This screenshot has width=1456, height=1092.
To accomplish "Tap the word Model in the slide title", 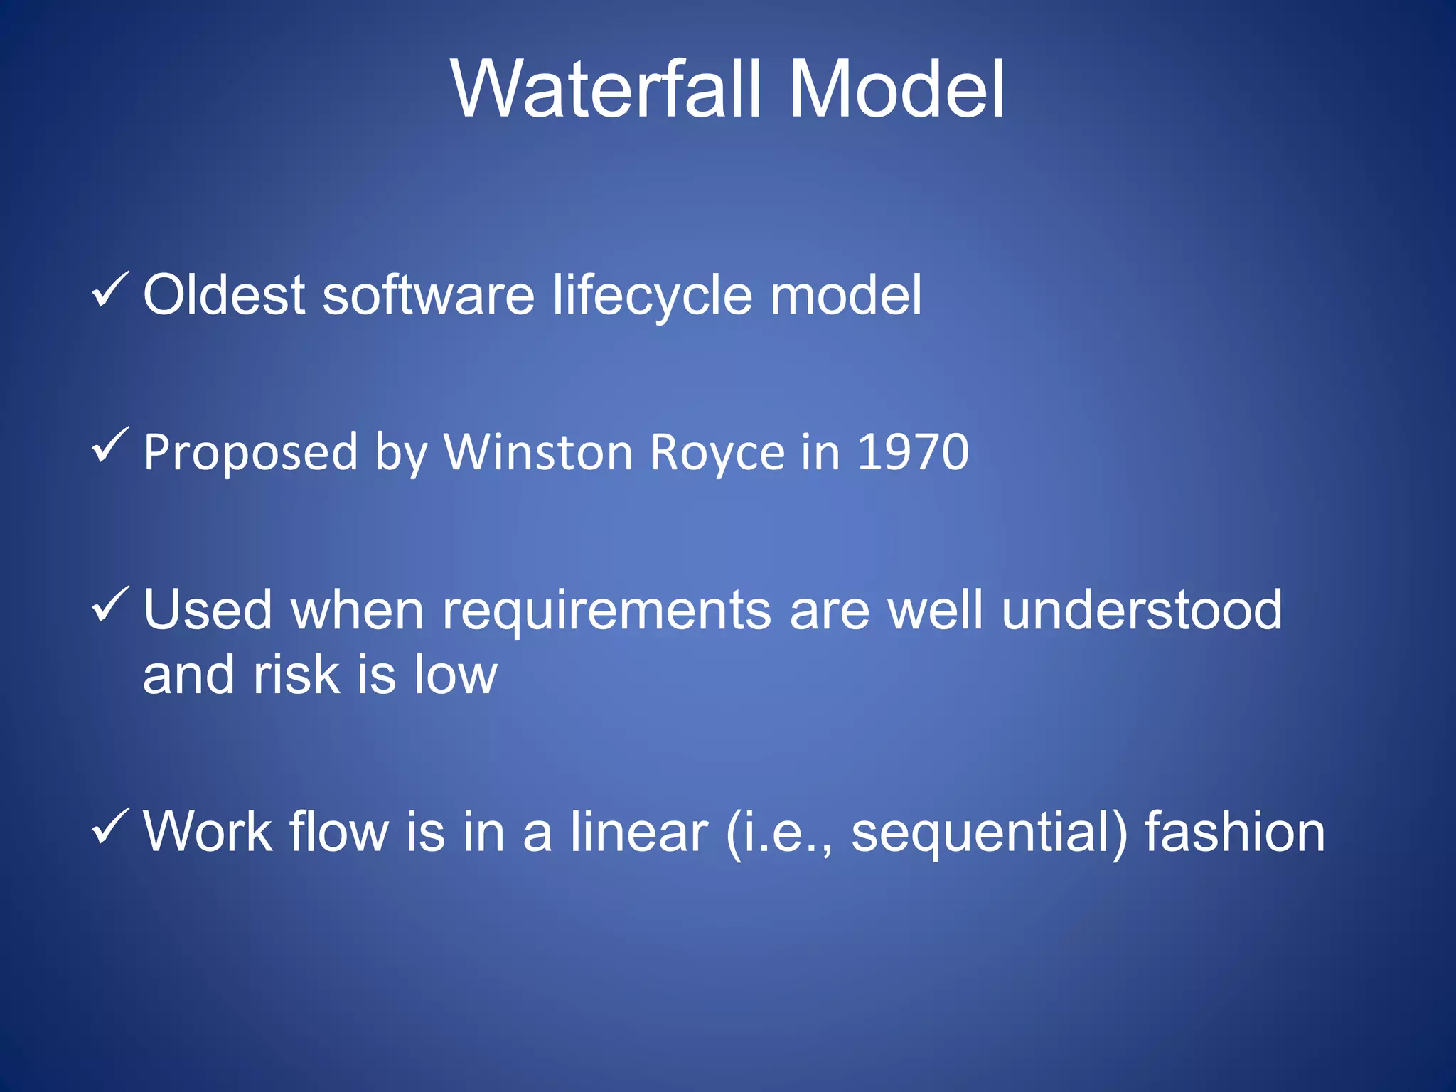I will [896, 90].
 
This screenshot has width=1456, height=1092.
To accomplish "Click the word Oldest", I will [224, 294].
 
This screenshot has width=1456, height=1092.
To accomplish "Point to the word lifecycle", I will [652, 296].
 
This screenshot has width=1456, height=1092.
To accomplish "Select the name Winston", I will [538, 452].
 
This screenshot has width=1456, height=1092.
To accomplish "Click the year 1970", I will [913, 452].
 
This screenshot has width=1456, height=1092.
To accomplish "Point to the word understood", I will [1142, 610].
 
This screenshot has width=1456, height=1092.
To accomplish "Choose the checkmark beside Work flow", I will [110, 826].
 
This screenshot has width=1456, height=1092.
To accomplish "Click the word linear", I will [638, 832].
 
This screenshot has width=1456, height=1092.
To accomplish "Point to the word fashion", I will [1234, 832].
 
